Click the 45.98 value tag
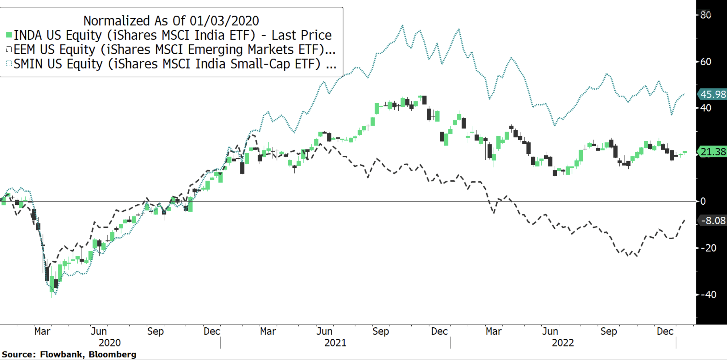(x=713, y=94)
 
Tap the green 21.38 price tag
(x=713, y=152)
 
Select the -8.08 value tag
(x=713, y=221)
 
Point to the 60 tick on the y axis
(x=706, y=62)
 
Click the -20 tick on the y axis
(x=708, y=248)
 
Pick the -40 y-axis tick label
(x=708, y=295)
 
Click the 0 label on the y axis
(x=703, y=201)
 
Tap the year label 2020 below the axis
(x=109, y=343)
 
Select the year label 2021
(x=335, y=343)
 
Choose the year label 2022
(x=563, y=343)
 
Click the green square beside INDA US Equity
(x=9, y=35)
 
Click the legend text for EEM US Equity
(x=174, y=50)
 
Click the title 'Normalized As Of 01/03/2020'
(x=171, y=21)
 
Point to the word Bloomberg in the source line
(x=112, y=354)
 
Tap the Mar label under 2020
(x=42, y=331)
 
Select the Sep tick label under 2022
(x=609, y=331)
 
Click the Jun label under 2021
(x=324, y=331)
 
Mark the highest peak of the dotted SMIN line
(x=403, y=26)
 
